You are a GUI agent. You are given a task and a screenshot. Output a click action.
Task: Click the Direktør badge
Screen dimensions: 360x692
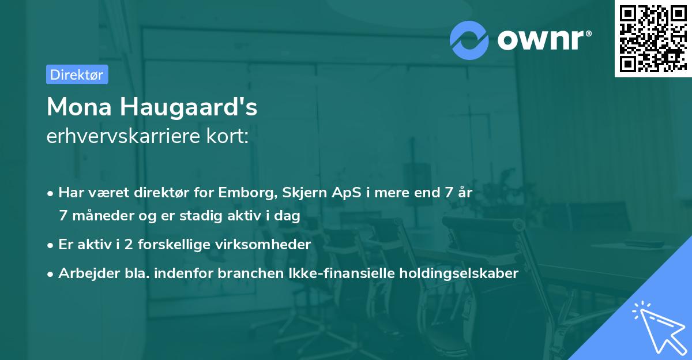tap(77, 74)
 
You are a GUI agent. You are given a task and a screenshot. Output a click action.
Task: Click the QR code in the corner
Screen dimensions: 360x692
tap(653, 38)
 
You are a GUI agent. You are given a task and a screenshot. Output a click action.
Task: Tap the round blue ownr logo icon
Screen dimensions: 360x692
tap(469, 40)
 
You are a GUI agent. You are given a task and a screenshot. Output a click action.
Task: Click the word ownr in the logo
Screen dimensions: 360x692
tap(544, 40)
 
